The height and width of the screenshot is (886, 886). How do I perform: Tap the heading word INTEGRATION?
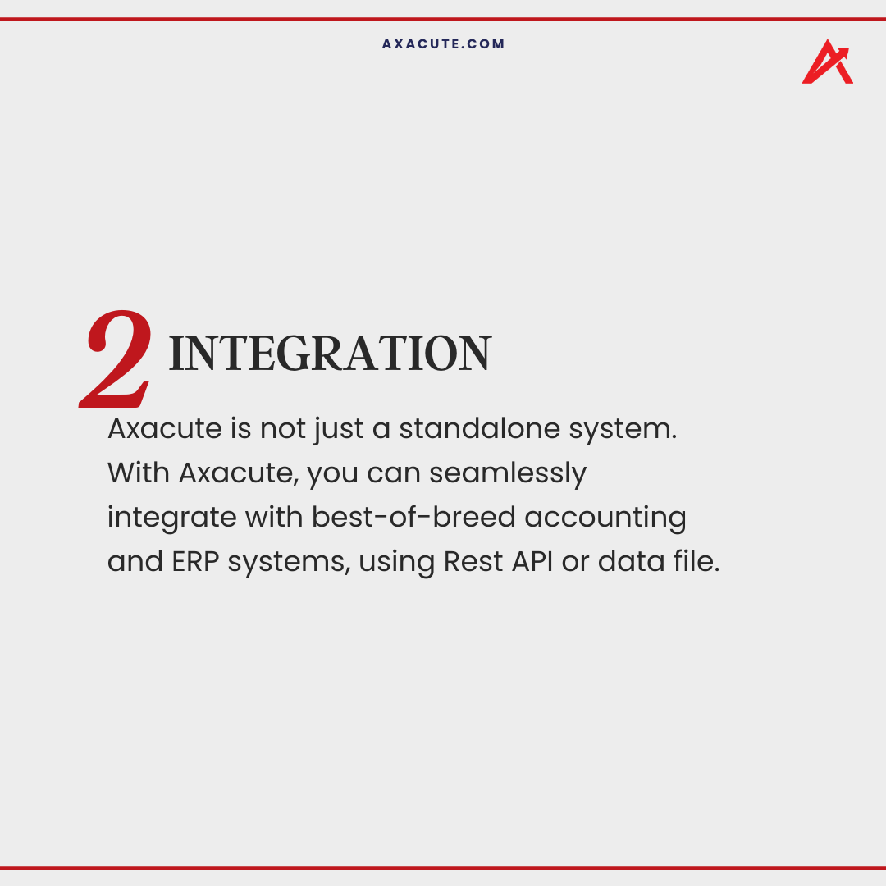coord(329,354)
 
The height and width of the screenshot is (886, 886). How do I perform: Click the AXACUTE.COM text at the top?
coord(443,44)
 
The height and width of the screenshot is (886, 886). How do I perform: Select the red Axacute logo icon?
coord(826,62)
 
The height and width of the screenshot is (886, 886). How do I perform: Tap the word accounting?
coord(605,518)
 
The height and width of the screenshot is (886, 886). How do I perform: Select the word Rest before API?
coord(473,562)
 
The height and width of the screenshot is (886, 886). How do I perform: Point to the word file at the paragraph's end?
coord(696,562)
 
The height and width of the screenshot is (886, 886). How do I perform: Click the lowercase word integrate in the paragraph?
coord(171,518)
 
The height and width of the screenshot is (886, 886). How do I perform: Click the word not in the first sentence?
coord(283,429)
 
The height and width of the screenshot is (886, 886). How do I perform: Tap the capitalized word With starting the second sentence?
coord(138,473)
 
